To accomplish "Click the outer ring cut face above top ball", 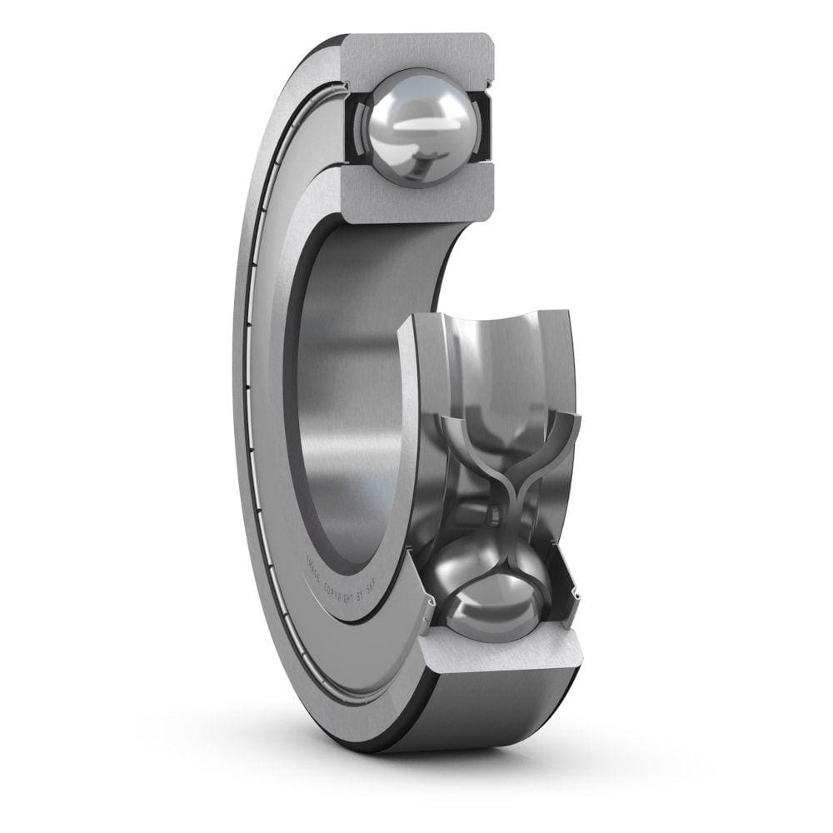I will (416, 54).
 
